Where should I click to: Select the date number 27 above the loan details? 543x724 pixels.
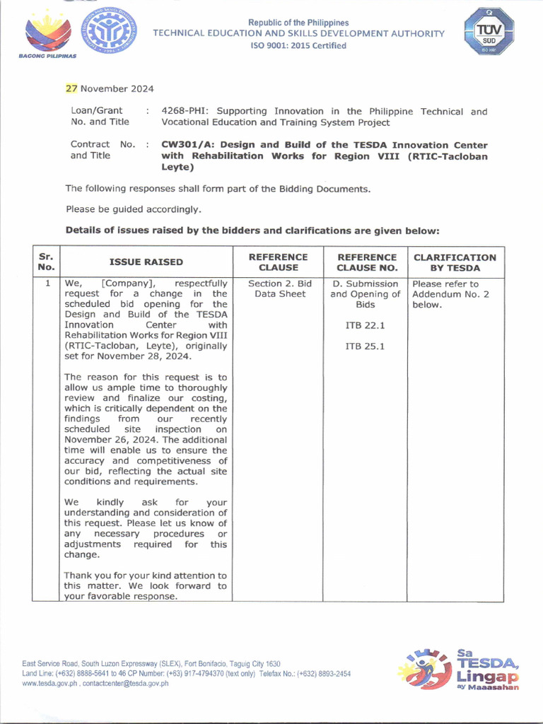tap(71, 88)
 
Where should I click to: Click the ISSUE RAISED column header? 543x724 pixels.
tap(146, 262)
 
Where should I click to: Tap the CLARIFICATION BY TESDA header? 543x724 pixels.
tap(455, 262)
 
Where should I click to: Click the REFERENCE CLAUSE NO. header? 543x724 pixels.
tap(366, 262)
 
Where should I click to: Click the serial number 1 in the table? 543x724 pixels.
tap(47, 284)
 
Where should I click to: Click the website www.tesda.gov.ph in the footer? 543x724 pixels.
tap(49, 684)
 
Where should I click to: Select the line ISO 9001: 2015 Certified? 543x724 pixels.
tap(299, 46)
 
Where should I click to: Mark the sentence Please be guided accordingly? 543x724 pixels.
tap(134, 209)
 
